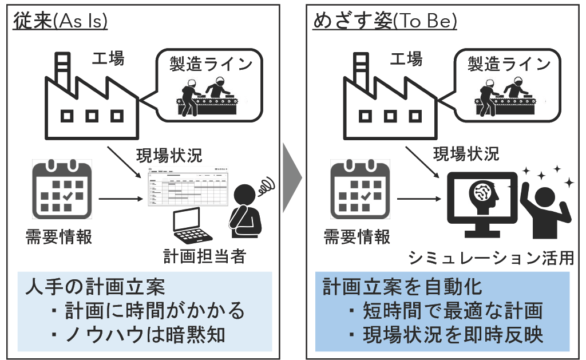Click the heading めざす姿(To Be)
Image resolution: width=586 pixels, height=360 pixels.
click(385, 21)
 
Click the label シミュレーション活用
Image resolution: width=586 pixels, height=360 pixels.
click(491, 258)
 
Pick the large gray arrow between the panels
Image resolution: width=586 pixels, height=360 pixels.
click(292, 180)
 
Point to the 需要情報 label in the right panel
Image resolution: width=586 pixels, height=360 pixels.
click(357, 236)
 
